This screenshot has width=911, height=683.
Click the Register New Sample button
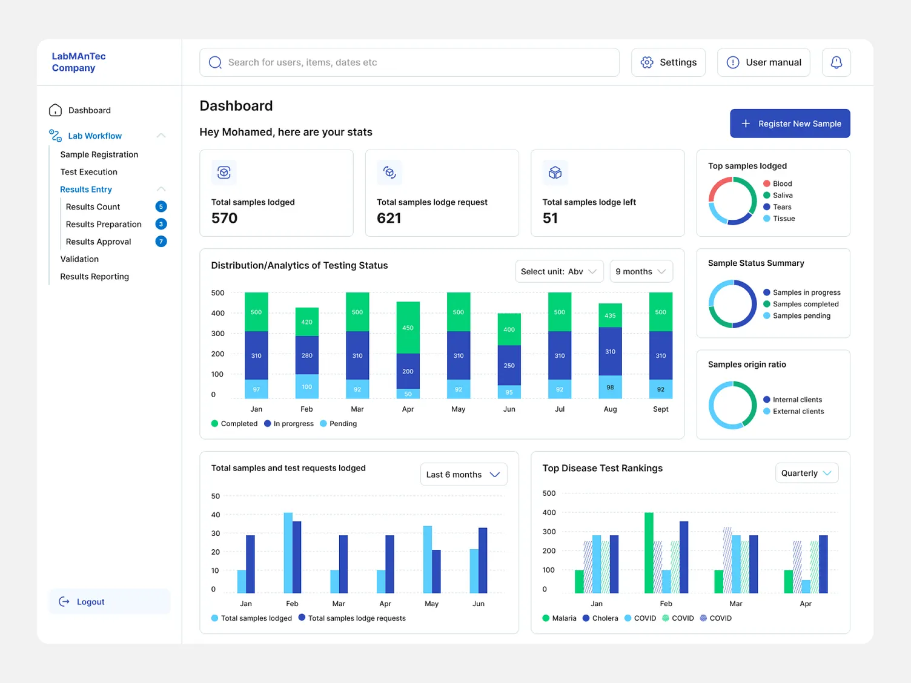coord(790,124)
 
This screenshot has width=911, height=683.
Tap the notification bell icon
coord(836,62)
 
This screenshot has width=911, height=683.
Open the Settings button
coord(668,62)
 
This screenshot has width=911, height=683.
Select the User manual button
coord(763,62)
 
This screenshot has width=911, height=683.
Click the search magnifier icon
coord(215,62)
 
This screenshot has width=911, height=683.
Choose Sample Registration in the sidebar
coord(99,154)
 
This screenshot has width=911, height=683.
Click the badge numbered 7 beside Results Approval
coord(161,242)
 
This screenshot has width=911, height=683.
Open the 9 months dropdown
coord(641,271)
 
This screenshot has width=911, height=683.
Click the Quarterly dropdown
coord(806,473)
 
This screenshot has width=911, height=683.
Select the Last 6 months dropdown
coord(463,475)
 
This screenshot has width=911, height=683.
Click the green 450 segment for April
coord(408,328)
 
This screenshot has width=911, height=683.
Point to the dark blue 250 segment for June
coord(509,365)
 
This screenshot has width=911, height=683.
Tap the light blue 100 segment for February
coord(306,386)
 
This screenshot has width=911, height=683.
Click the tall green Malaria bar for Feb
coord(649,553)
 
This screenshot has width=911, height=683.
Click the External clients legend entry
coord(793,411)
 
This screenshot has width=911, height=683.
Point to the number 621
coord(389,218)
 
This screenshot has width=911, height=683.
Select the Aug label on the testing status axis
coord(610,409)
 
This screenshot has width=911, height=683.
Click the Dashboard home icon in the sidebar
coord(55,110)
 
